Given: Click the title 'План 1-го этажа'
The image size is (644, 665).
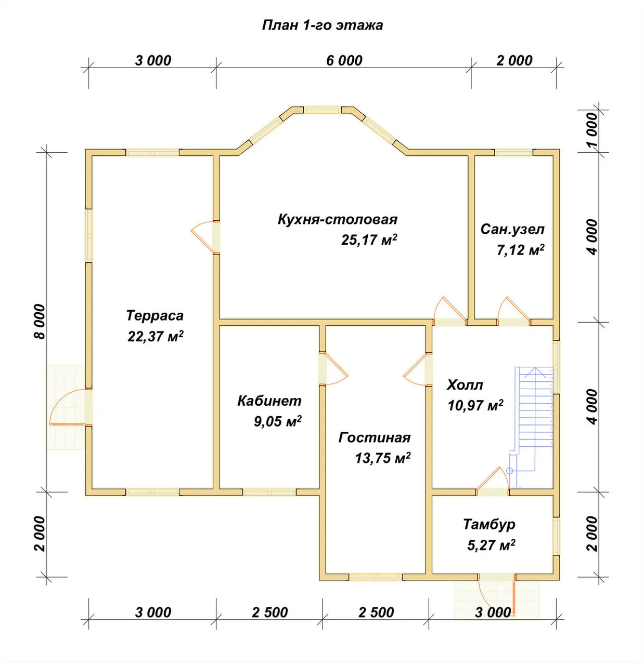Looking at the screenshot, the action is pos(323,25).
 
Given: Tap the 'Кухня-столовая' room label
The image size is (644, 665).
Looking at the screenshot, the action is pos(338,219).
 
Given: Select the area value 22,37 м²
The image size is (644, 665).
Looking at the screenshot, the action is pos(156,336).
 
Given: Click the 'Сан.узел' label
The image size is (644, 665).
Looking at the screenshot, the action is pos(512,229).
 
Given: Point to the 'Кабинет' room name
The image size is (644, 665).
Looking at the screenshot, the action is pos(269,401).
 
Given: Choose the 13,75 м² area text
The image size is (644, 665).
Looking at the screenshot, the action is pos(383,458).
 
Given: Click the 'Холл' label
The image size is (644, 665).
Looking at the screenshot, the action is pos(465,385).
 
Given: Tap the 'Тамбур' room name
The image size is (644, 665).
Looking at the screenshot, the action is pos(489,525).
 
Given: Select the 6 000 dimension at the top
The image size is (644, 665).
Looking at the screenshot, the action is pos(344,60).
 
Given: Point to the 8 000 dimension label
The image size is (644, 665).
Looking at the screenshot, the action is pos(40,322).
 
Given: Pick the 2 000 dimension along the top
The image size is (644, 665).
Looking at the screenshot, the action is pos(514,60).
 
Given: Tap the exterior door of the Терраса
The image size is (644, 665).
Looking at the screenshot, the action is pos(71,407).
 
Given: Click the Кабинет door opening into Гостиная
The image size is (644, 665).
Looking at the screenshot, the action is pos(333,369).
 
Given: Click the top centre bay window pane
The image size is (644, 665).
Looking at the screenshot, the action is pos(322,110).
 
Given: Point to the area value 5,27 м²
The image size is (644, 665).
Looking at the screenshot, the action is pos(492,545).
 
